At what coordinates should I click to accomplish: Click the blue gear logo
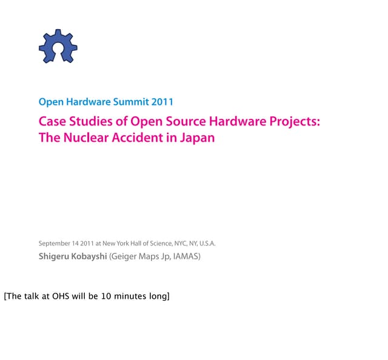[58, 46]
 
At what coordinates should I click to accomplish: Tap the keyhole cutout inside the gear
[58, 48]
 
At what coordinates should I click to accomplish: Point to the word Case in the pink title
[51, 121]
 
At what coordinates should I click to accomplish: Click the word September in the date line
[55, 244]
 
